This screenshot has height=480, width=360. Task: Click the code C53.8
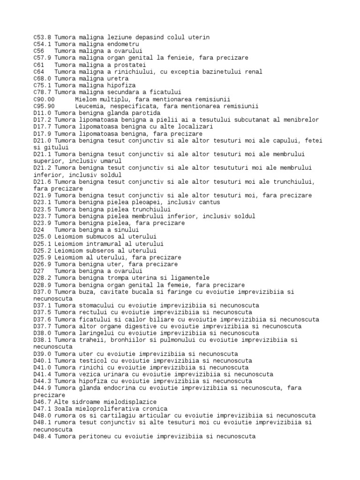(42, 37)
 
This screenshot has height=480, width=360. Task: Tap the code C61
(39, 65)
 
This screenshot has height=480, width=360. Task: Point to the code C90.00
(44, 99)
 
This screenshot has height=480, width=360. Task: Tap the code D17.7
(42, 127)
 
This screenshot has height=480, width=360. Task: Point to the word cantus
(208, 202)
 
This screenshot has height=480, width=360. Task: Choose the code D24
(39, 230)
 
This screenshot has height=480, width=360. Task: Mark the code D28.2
(42, 278)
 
